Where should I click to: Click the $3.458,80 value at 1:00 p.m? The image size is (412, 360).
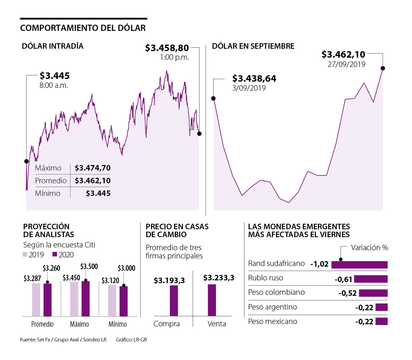(x=167, y=48)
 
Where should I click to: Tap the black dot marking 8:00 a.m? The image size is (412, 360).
(x=26, y=161)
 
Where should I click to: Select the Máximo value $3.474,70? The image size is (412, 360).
(x=93, y=168)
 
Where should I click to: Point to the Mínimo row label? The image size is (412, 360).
(x=48, y=193)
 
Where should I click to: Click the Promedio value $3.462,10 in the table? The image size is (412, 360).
(x=93, y=181)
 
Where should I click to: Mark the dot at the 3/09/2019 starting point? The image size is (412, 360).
(x=213, y=98)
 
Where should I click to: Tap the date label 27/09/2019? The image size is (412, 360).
(x=346, y=64)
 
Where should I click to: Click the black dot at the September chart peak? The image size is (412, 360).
(x=383, y=68)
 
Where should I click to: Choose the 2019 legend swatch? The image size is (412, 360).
(x=25, y=254)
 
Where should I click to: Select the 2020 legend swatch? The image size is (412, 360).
(x=55, y=254)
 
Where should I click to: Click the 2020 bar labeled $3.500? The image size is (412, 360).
(x=85, y=299)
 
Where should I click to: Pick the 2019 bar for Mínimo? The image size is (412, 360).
(x=112, y=301)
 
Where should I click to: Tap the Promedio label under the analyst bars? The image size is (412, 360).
(x=43, y=324)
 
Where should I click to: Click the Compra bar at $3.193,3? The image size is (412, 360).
(x=174, y=301)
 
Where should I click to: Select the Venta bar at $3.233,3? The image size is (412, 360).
(x=212, y=300)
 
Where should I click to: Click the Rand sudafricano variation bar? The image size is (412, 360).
(x=359, y=265)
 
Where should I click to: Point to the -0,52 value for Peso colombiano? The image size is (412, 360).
(x=347, y=293)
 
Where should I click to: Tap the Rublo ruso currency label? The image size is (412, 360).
(x=266, y=278)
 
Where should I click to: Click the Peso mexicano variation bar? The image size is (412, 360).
(x=381, y=322)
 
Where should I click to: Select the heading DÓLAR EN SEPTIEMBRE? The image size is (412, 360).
(x=253, y=46)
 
